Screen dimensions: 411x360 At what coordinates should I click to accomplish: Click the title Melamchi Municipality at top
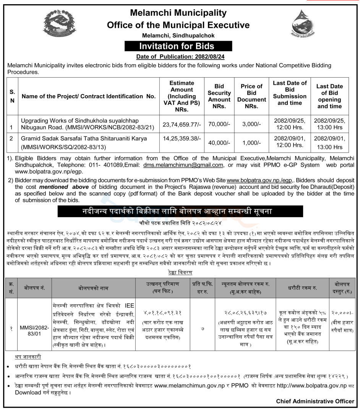tap(178, 13)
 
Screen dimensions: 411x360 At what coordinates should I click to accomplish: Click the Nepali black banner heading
tap(171, 211)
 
